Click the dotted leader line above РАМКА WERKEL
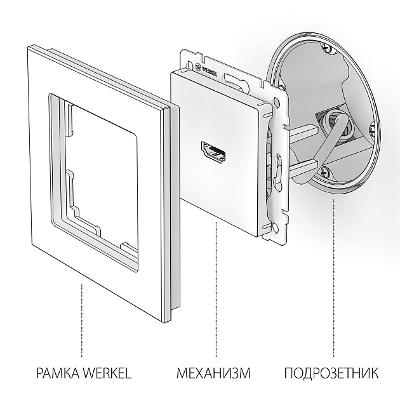81,317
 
